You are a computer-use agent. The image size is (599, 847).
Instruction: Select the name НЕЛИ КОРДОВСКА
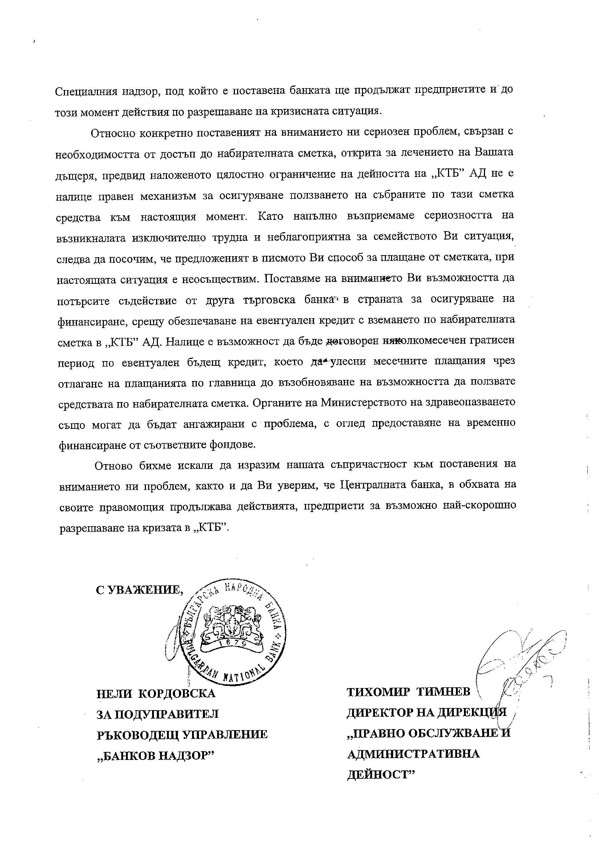pyautogui.click(x=156, y=693)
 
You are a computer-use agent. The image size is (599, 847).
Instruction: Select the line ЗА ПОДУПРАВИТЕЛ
pyautogui.click(x=158, y=714)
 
